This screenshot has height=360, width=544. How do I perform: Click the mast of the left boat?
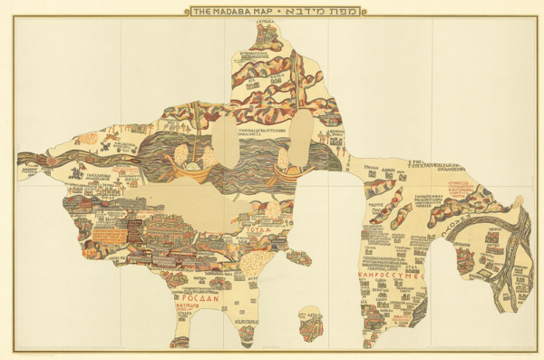192,150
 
